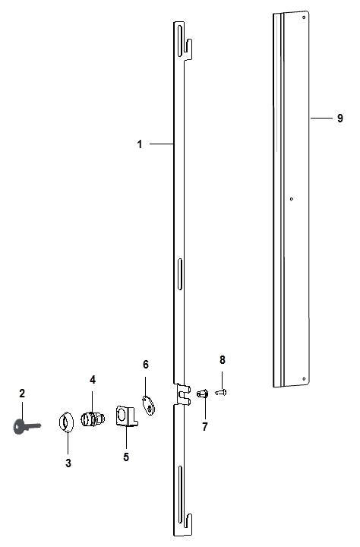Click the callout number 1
[140, 144]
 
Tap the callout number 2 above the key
[22, 393]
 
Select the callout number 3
[68, 463]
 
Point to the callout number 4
[93, 379]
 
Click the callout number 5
[126, 457]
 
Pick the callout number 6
[145, 365]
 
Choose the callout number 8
[223, 359]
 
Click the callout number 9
[340, 118]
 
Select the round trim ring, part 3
[67, 420]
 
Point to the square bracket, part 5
[125, 417]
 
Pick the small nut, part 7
[202, 394]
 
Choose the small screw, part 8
[222, 392]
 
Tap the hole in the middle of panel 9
[292, 199]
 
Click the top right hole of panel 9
[306, 22]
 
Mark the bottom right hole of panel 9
[304, 378]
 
